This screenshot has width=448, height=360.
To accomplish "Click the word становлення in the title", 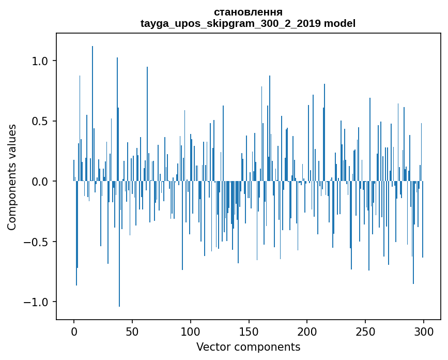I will (x=248, y=12).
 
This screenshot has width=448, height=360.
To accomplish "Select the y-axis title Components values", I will (x=12, y=177).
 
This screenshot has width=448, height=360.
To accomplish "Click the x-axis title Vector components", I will (x=248, y=347).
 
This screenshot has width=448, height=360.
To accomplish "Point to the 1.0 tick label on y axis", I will (x=40, y=61).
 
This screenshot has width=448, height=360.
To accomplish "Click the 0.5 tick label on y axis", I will (x=40, y=121).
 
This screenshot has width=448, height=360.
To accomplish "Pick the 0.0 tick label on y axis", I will (x=40, y=182).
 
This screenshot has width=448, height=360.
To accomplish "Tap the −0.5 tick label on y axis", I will (x=36, y=242).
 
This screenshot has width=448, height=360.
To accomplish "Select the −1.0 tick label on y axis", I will (x=36, y=302).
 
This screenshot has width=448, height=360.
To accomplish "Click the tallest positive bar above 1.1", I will (x=92, y=103).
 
